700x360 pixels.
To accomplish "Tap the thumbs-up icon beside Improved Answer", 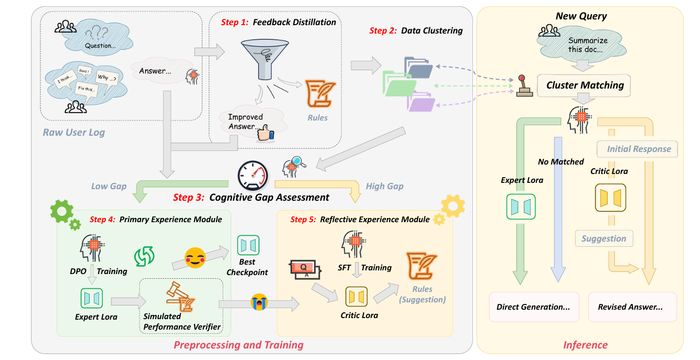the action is pos(265,133).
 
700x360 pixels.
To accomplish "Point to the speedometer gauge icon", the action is pos(253,176).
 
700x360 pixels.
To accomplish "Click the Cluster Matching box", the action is pos(584,85).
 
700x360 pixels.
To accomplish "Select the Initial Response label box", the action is pos(637,149).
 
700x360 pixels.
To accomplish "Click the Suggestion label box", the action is pos(604,238).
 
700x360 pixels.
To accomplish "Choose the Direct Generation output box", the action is pos(534,307).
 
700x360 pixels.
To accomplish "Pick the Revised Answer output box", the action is pos(632,307).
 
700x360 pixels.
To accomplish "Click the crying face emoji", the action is pos(259,302).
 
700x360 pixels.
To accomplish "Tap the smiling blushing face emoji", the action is pos(195,258).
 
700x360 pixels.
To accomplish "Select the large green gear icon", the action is pos(62,211).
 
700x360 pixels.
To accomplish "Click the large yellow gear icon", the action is pos(453,206).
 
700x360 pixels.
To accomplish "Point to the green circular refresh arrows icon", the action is pos(144,256).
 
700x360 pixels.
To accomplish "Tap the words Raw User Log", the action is pos(74,133).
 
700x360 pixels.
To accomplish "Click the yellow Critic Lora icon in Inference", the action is pos(610,198).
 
